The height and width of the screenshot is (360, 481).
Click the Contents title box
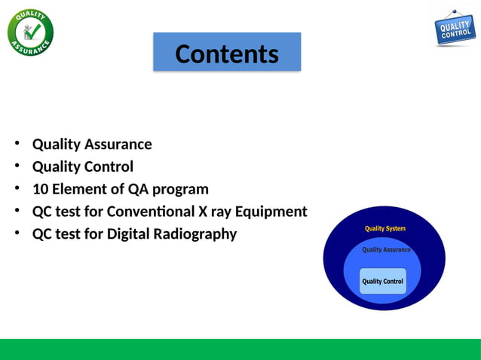coord(227,53)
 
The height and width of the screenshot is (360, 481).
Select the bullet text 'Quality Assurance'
coord(91,144)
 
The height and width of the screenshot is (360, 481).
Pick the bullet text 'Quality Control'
coord(82,166)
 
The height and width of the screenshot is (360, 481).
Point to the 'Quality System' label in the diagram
coord(385,228)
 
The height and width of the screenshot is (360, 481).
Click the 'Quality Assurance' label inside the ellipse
coord(386,249)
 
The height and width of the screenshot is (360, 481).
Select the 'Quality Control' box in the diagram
coord(383,282)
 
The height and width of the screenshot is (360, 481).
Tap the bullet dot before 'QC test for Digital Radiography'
coord(17,233)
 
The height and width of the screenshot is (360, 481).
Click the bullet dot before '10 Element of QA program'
coord(17,188)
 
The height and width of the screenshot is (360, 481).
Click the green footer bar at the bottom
coord(240,349)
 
